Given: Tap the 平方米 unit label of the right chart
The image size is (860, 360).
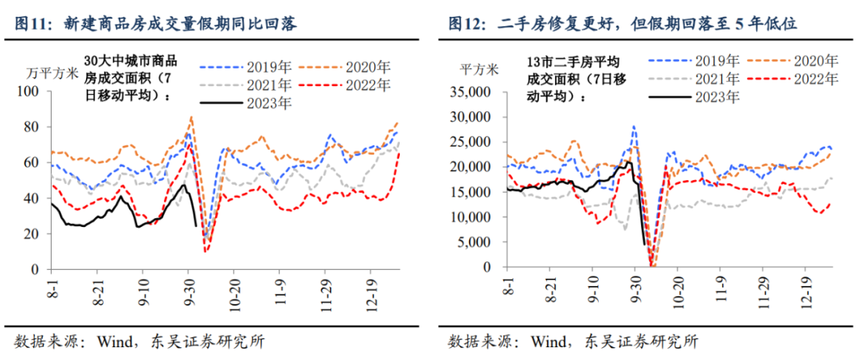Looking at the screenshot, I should point(479,68).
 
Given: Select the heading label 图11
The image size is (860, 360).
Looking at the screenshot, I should point(33,23).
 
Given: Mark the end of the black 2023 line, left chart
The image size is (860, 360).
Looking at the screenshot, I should point(196,225).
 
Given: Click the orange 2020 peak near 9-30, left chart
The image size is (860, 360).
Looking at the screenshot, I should point(192,117).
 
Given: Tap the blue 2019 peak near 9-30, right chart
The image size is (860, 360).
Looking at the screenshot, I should point(634,126).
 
